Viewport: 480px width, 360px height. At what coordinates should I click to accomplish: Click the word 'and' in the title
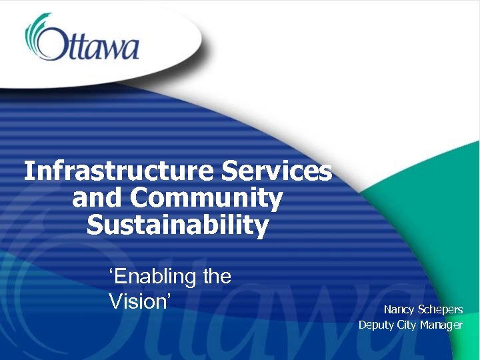(97, 199)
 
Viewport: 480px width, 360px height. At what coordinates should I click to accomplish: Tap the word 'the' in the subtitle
(217, 276)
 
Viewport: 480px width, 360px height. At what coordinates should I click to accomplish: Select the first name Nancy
(398, 309)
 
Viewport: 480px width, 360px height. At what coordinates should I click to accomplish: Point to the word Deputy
(376, 325)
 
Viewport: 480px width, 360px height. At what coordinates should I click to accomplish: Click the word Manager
(441, 325)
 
